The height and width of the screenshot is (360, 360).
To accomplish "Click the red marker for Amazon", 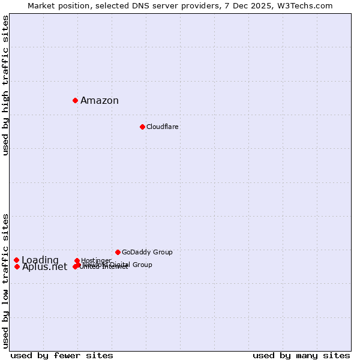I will coord(75,100).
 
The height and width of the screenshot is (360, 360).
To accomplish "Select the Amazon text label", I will coord(100,100).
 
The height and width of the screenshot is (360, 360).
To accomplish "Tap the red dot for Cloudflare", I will coord(142,127).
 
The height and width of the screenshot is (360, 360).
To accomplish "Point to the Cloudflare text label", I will coord(162,127).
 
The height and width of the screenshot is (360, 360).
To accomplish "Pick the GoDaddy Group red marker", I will coord(118,252).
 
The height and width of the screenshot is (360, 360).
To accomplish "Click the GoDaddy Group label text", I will coord(147,252).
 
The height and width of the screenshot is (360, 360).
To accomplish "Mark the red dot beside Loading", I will coord(16,260).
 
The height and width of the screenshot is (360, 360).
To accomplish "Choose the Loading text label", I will coord(40,260).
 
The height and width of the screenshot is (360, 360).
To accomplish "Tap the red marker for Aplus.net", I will coord(17,266).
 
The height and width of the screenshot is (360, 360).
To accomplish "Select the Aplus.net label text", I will coord(45,267).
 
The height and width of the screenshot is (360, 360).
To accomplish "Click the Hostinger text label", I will coord(96,260).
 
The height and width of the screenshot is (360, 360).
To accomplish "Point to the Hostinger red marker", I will coord(77,260).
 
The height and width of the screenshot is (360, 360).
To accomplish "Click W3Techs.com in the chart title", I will coord(308,5).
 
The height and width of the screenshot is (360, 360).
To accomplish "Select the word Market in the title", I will coord(42,5).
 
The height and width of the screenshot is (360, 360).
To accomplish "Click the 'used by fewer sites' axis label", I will coord(62,355).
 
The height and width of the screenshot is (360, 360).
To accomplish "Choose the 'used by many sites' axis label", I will coord(301,355).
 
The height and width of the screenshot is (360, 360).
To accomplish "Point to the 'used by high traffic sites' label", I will coord(5,85).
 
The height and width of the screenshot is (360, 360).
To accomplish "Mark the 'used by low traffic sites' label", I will coord(5,280).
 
